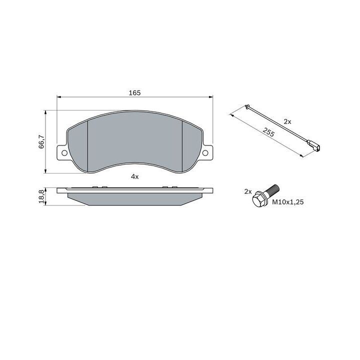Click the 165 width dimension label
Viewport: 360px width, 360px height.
[x=134, y=93]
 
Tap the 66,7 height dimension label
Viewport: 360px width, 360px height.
[x=41, y=141]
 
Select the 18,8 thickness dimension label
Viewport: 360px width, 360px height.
[x=41, y=196]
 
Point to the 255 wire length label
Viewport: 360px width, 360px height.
[x=268, y=132]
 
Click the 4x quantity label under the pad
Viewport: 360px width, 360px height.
[x=135, y=176]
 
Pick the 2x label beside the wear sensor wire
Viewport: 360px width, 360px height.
[x=287, y=121]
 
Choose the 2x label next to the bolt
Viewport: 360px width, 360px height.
[x=248, y=191]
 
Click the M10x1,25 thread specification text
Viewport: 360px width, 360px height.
[x=288, y=202]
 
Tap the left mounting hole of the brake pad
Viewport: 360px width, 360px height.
[x=64, y=153]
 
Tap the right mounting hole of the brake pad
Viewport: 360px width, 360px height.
[x=205, y=153]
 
